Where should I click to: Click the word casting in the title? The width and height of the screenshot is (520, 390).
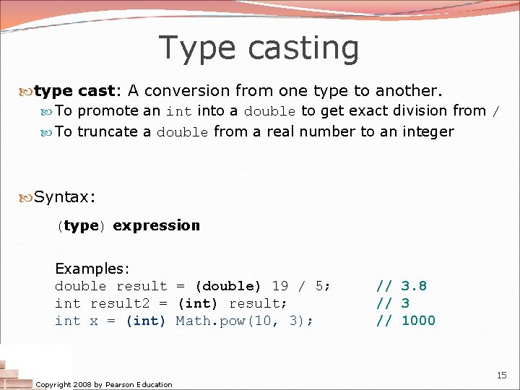303,48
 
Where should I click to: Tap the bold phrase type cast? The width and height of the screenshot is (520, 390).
74,91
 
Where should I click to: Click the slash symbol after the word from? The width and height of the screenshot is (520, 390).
495,111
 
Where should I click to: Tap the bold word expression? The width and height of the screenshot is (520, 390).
156,225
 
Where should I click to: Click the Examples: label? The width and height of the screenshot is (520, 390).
92,269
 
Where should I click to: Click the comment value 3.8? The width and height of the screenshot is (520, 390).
414,286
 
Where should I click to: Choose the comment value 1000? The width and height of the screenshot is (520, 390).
418,321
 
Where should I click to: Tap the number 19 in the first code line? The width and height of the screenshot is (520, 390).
279,286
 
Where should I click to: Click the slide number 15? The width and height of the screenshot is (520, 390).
502,376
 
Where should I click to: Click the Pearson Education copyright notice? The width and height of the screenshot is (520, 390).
104,384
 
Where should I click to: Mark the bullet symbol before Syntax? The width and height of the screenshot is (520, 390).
27,196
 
